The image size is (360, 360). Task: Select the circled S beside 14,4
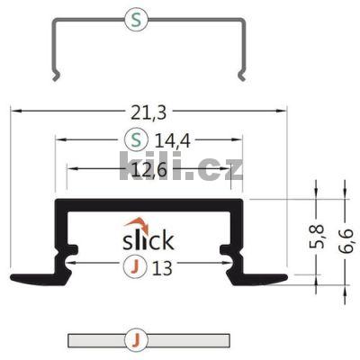(133, 139)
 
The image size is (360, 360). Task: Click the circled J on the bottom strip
(133, 340)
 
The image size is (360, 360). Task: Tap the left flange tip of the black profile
(13, 275)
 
